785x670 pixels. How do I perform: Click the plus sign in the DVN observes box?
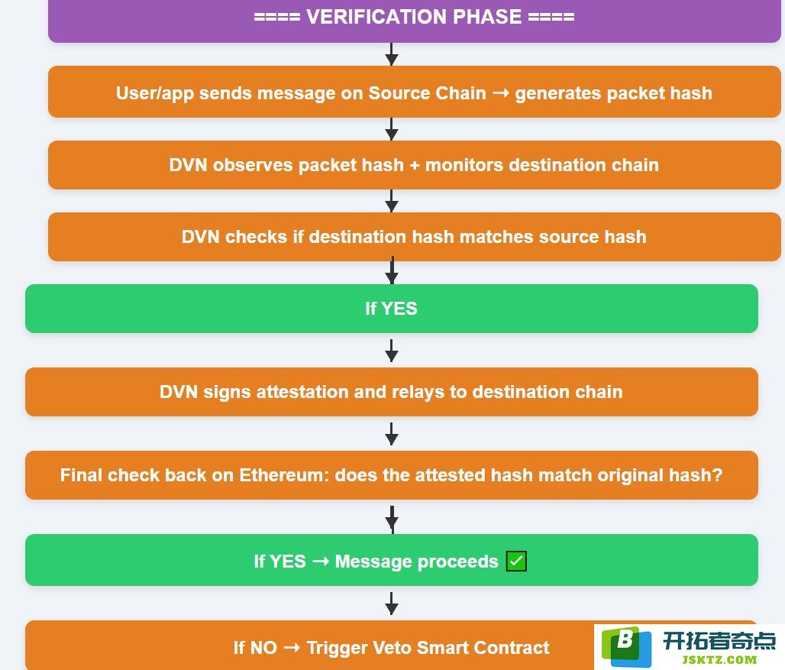(415, 165)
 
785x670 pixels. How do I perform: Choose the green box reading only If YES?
(392, 309)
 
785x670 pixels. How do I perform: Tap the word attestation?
(302, 392)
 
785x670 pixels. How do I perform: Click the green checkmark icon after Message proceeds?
(516, 562)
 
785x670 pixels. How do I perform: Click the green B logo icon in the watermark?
(626, 646)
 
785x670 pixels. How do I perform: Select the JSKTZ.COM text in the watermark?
(719, 660)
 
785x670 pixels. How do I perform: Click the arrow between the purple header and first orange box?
(392, 54)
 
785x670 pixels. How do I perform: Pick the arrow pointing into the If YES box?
(392, 270)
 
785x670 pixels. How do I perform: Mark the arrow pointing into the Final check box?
(392, 434)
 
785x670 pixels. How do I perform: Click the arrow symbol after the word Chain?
(501, 93)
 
